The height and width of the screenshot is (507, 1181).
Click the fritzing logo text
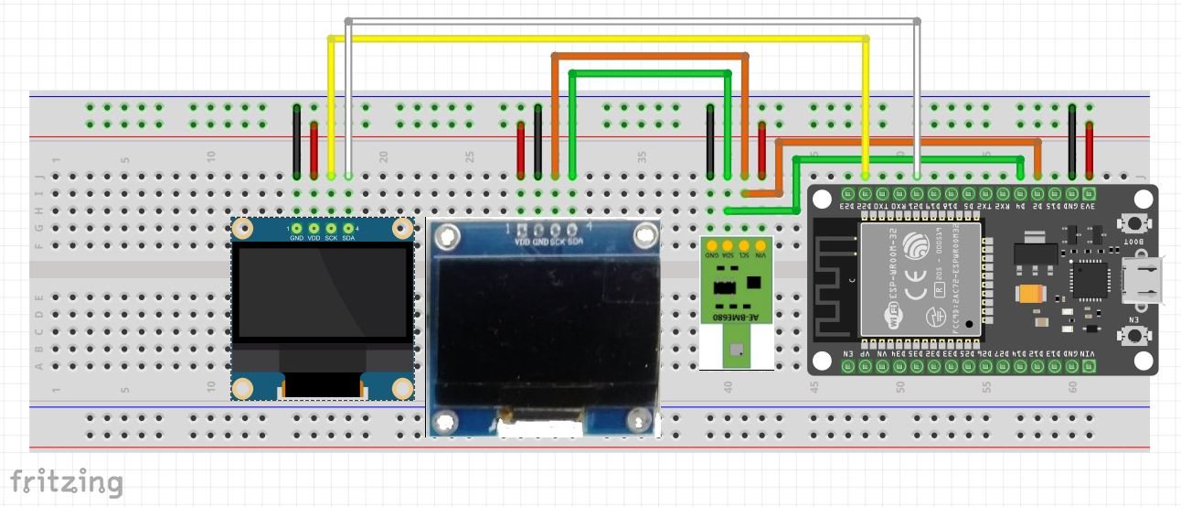(66, 481)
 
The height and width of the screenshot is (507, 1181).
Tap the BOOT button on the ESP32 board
(1134, 222)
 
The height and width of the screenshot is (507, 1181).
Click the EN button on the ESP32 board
(1134, 336)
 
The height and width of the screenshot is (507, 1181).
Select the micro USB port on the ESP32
(1144, 280)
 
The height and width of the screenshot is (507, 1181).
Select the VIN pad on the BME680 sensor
(761, 246)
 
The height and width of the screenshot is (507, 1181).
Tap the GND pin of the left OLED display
(296, 228)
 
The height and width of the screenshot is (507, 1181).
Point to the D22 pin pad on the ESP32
(865, 194)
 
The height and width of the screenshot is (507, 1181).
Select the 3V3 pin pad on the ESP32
(1089, 194)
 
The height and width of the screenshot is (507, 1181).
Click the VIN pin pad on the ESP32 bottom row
(1089, 365)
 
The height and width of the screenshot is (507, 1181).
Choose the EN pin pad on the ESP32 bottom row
(847, 365)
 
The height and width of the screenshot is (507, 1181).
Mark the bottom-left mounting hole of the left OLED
(242, 387)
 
